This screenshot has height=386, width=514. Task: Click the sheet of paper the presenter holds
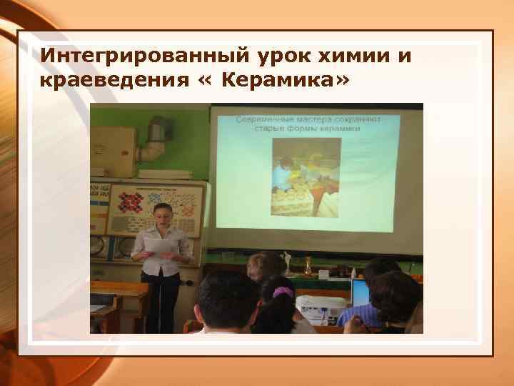pyautogui.click(x=158, y=245)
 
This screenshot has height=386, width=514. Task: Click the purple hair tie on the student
pyautogui.click(x=283, y=292)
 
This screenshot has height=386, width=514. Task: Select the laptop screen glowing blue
pyautogui.click(x=361, y=292)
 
